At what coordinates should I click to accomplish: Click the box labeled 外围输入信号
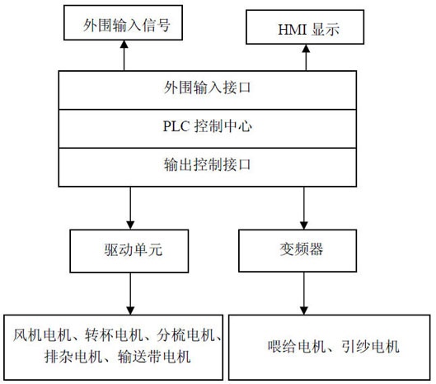click(x=123, y=23)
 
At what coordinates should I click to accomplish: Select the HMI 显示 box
click(x=305, y=27)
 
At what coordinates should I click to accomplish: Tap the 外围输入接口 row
click(x=208, y=90)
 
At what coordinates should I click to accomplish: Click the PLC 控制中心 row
click(x=208, y=129)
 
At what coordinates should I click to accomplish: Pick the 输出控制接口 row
click(x=208, y=167)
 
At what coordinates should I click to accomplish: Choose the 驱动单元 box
click(x=129, y=251)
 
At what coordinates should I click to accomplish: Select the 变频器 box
click(x=298, y=251)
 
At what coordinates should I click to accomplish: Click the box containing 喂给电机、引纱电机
click(x=329, y=347)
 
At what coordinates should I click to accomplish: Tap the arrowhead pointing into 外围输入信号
click(x=124, y=45)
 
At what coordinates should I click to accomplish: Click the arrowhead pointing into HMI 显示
click(x=306, y=49)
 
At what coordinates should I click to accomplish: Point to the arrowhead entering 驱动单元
click(x=130, y=225)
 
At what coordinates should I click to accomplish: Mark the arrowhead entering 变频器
click(x=303, y=225)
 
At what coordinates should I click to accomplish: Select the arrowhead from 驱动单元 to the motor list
click(x=130, y=311)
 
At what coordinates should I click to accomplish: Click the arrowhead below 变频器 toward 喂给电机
click(x=303, y=311)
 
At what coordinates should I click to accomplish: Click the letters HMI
click(x=293, y=29)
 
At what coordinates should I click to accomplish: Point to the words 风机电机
click(x=42, y=335)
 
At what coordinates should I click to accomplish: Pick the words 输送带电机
click(x=154, y=357)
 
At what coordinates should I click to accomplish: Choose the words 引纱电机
click(x=370, y=347)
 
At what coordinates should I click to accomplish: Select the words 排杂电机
click(x=73, y=357)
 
